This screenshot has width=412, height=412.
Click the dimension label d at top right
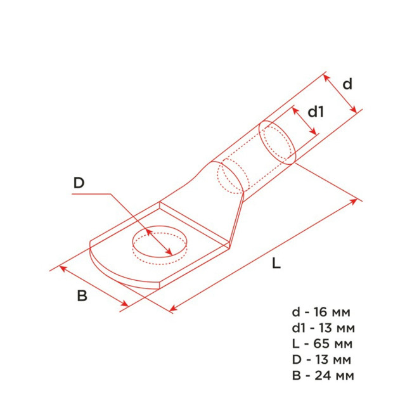[347, 84]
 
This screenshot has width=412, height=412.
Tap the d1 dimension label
[316, 112]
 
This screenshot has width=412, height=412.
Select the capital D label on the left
[79, 183]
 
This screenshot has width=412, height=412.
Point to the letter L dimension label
[276, 263]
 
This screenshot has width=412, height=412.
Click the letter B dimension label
[82, 295]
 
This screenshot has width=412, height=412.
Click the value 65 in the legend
[321, 344]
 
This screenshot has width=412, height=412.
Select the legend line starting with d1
[323, 328]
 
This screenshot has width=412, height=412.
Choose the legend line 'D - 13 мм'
[321, 359]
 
